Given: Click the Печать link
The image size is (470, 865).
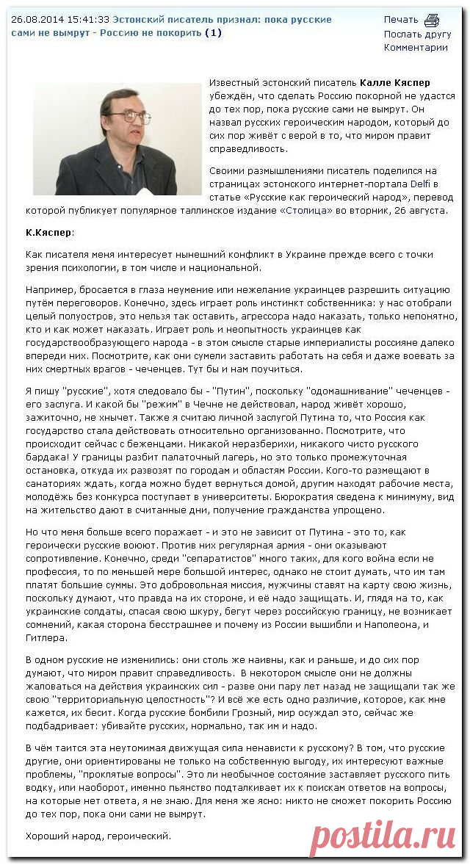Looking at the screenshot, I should click(400, 20).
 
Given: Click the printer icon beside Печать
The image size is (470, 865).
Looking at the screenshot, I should click(431, 20).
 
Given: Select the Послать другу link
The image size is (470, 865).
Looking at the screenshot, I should click(417, 34).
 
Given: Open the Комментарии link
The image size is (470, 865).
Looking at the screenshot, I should click(415, 48).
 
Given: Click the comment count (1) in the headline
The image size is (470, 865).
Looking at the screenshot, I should click(212, 33).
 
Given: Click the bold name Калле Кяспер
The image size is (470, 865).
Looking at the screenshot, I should click(395, 83).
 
